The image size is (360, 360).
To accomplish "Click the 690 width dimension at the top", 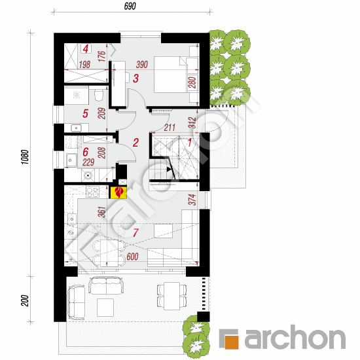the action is point(130,6).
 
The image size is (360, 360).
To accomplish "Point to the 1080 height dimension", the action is point(25,157).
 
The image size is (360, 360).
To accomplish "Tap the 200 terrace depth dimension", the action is point(25,300).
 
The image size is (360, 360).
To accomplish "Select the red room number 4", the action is point(86,48).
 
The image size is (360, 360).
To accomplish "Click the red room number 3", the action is point(136,79).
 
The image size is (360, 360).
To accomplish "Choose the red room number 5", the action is point(85,113).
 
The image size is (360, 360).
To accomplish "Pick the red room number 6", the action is point(85,152).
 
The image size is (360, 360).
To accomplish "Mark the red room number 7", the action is point(135,232).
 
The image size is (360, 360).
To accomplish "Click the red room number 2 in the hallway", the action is point(135,143).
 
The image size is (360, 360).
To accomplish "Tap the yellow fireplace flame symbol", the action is point(118,192).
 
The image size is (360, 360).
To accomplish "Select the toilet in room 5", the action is point(99,96).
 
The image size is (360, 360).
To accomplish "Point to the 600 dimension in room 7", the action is point(132,257).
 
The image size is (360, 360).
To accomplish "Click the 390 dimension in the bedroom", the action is point(141,65).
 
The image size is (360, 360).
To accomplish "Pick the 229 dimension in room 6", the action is point(88,162).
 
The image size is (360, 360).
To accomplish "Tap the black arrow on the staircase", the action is point(170,170).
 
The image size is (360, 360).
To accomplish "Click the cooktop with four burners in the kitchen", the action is point(92,192).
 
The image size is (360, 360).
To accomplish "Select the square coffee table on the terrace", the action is point(105,308).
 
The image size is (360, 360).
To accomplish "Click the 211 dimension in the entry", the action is point(170,127).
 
